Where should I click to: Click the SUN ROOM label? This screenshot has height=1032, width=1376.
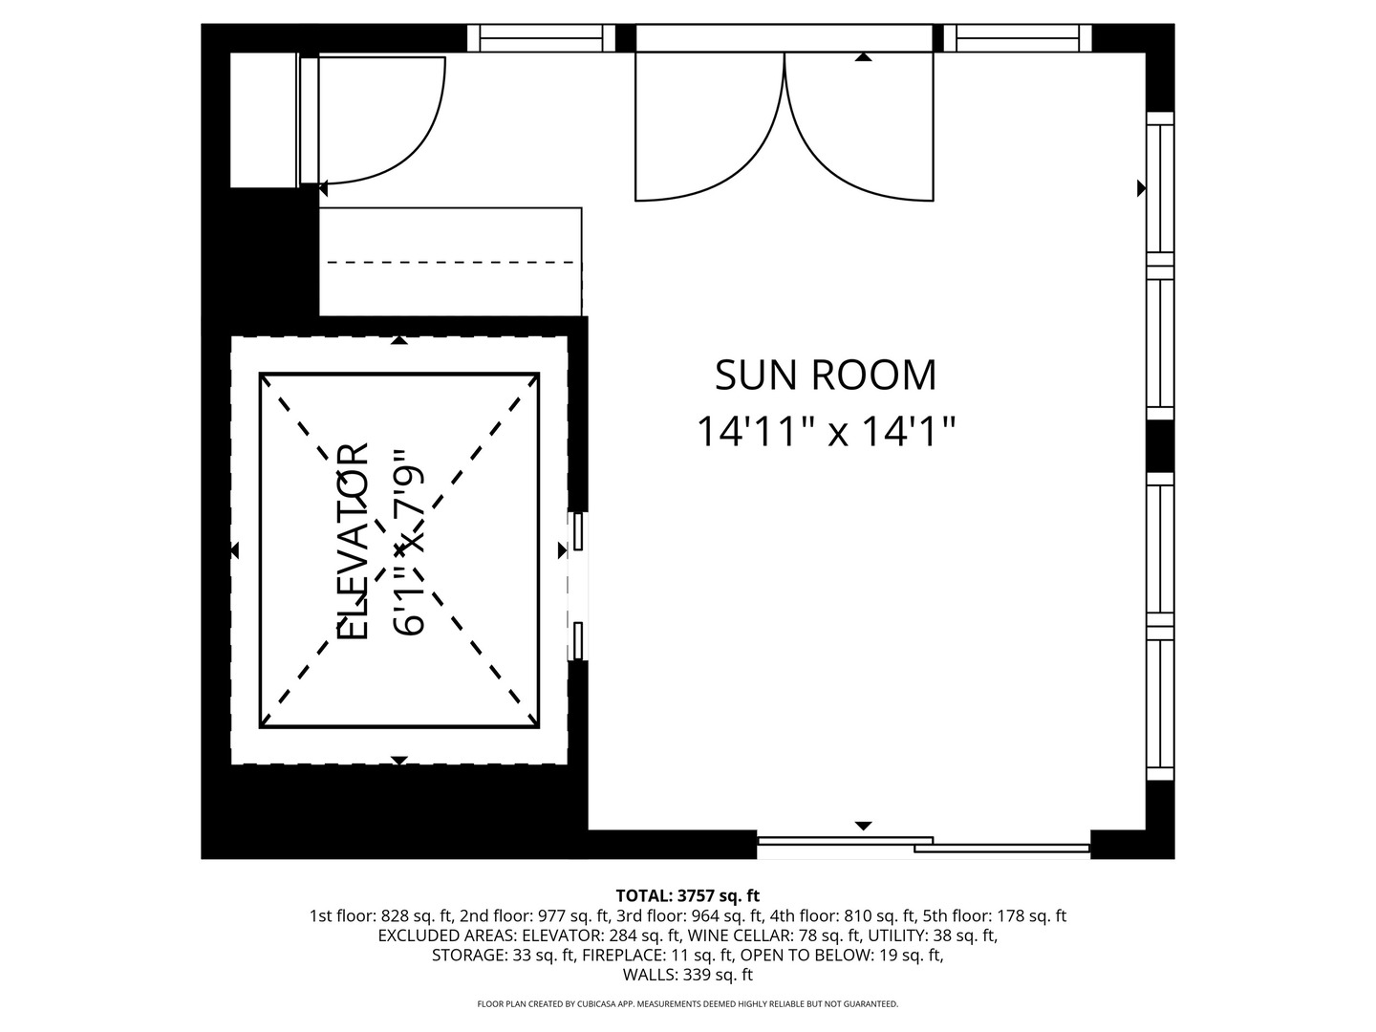825,376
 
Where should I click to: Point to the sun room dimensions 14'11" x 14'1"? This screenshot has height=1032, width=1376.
826,431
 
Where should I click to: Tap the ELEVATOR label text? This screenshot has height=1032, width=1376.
353,542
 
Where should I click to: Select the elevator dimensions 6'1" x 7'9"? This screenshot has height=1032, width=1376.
409,542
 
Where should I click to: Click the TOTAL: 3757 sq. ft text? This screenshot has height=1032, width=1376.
688,894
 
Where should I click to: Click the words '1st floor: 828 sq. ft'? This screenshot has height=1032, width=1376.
381,915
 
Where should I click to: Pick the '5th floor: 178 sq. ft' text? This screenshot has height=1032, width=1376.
994,915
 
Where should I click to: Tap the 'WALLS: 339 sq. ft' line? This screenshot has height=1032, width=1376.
688,975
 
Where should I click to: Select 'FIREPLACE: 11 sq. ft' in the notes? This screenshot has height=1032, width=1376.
657,955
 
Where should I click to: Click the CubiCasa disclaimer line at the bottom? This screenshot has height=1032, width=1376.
688,1003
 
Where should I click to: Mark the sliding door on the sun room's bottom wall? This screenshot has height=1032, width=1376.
923,844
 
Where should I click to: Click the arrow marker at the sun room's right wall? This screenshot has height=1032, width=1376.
1142,188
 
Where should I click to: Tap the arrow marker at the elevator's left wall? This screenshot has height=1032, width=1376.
235,550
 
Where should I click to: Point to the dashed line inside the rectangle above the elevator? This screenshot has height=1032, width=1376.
451,262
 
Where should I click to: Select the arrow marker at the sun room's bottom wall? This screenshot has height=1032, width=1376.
863,826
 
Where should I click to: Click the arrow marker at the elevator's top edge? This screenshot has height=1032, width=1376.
399,340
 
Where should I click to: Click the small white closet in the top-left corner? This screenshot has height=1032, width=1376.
264,119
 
